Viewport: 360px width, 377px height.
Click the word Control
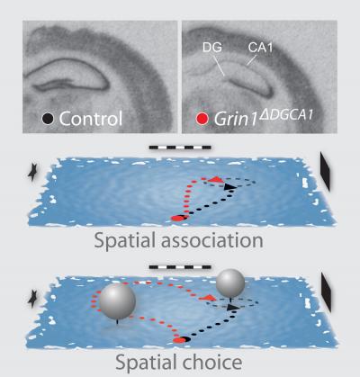pyautogui.click(x=91, y=119)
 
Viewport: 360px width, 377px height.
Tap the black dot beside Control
pyautogui.click(x=48, y=119)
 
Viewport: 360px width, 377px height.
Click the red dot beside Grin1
pyautogui.click(x=202, y=119)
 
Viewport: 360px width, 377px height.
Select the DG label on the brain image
pyautogui.click(x=212, y=48)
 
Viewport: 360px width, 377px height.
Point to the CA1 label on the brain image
pyautogui.click(x=260, y=48)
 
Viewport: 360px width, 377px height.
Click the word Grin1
pyautogui.click(x=236, y=120)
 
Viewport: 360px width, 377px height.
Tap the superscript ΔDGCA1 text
pyautogui.click(x=286, y=114)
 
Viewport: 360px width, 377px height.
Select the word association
pyautogui.click(x=212, y=240)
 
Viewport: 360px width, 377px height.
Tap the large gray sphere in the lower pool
pyautogui.click(x=117, y=301)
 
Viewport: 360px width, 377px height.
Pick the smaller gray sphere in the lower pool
pyautogui.click(x=230, y=283)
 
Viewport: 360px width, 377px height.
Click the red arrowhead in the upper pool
pyautogui.click(x=216, y=179)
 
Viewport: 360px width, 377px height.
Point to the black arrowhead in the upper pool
pyautogui.click(x=230, y=186)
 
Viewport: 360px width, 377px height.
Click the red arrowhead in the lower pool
pyautogui.click(x=208, y=298)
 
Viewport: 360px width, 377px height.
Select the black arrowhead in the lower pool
pyautogui.click(x=231, y=307)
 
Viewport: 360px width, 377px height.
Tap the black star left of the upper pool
pyautogui.click(x=32, y=173)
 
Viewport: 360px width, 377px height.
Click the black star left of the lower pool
pyautogui.click(x=32, y=299)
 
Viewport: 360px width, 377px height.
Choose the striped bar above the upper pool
pyautogui.click(x=180, y=148)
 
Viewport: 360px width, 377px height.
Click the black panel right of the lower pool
pyautogui.click(x=327, y=292)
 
